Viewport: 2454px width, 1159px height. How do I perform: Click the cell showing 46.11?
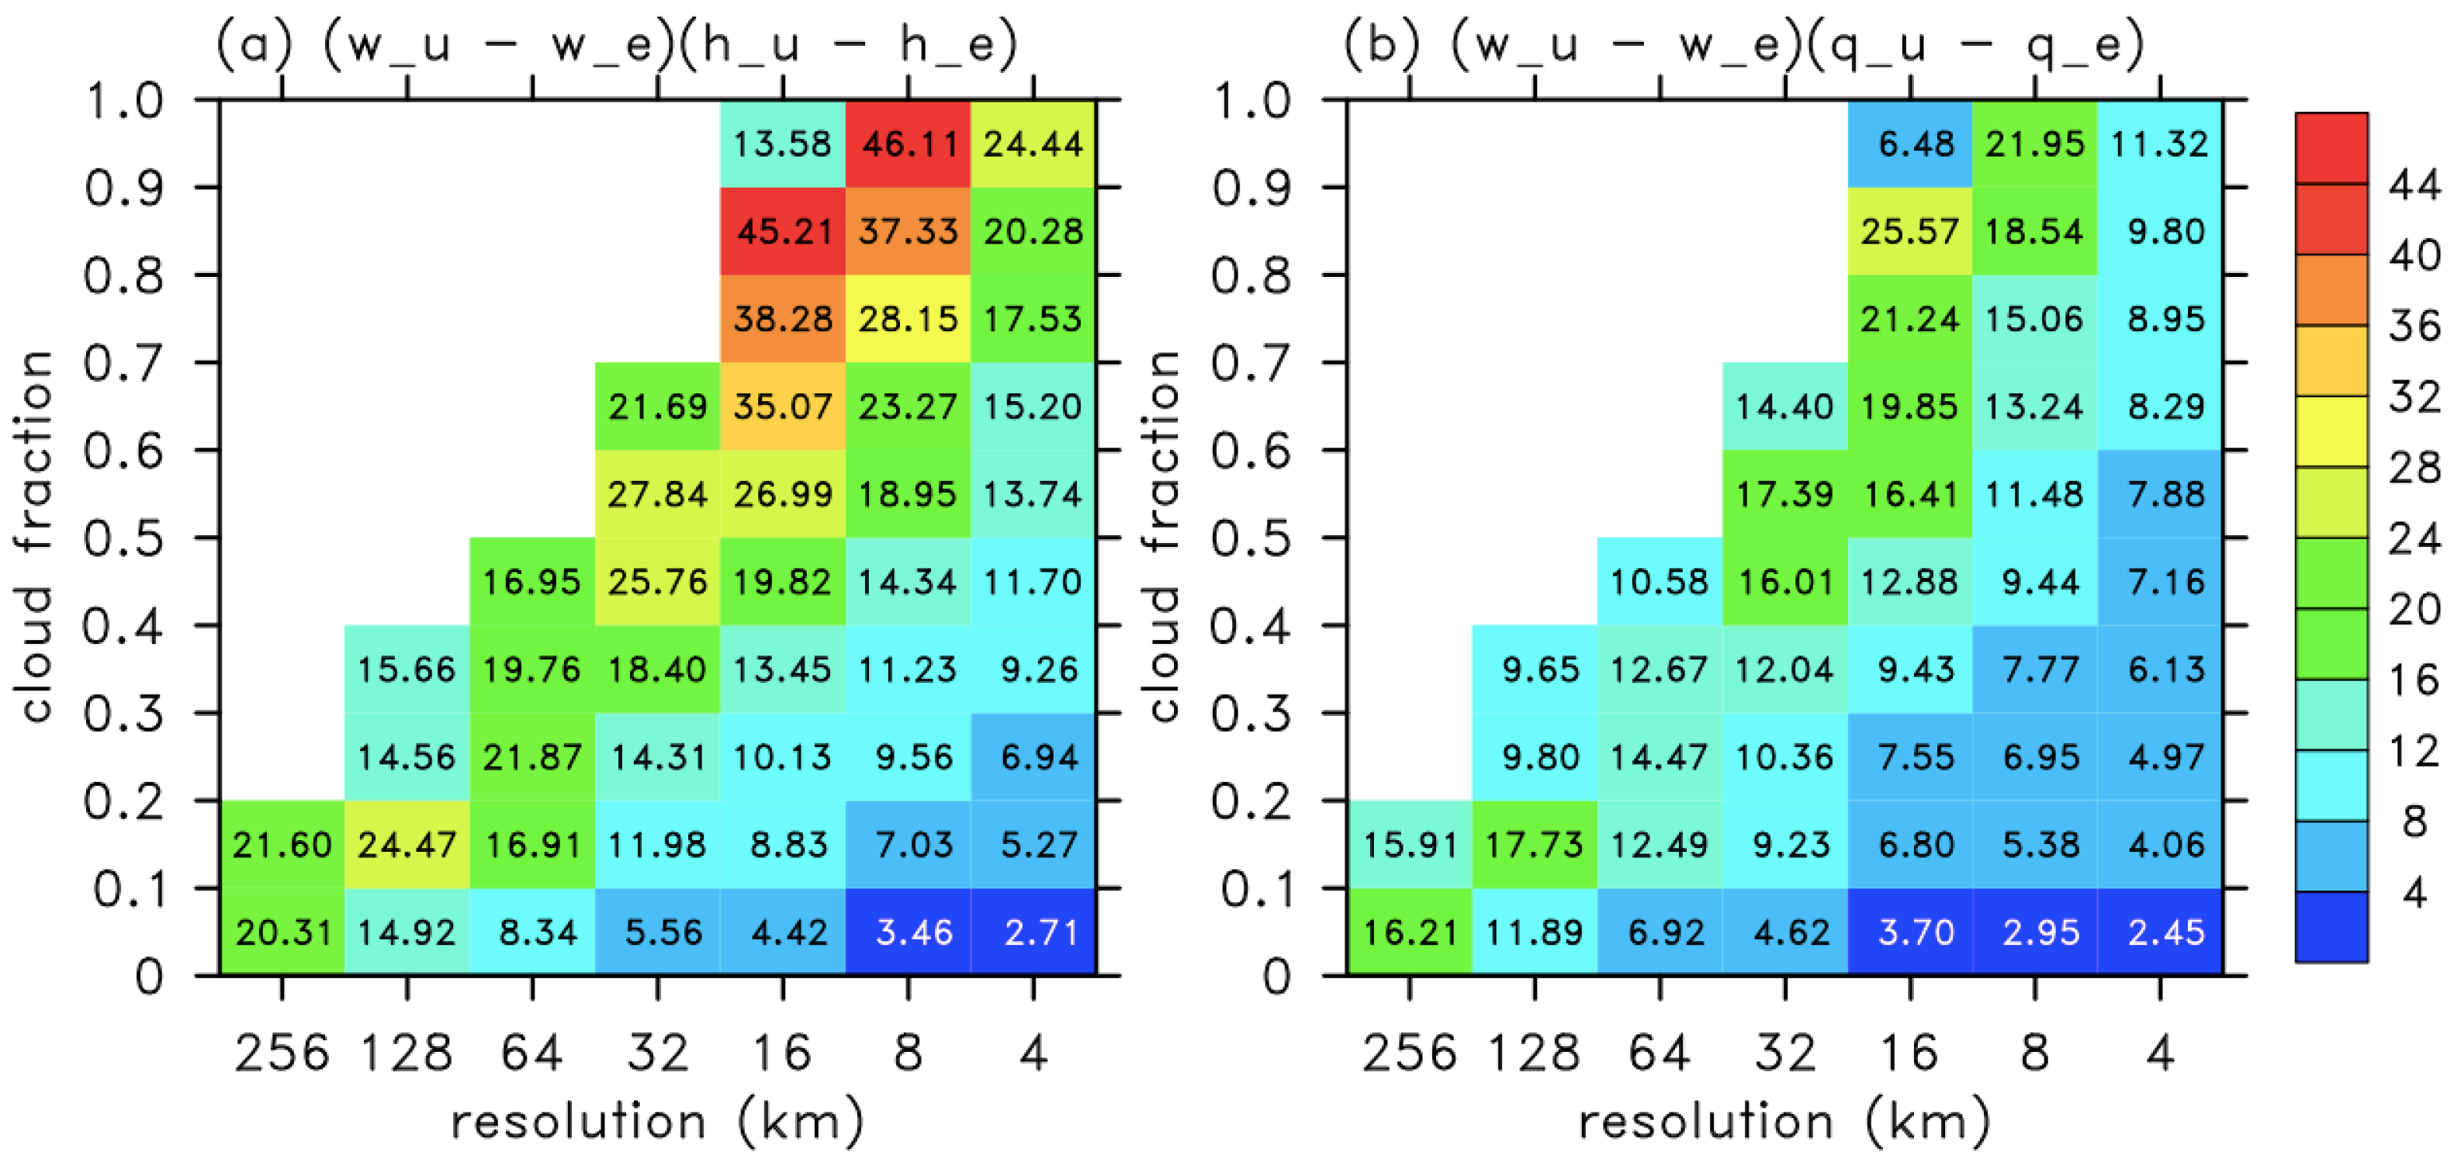[908, 144]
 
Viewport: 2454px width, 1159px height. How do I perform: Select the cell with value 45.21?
[783, 231]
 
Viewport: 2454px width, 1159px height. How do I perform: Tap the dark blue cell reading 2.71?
[1033, 932]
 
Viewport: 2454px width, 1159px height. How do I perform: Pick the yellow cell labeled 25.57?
[1910, 231]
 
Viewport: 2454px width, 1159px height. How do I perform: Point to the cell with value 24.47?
[407, 844]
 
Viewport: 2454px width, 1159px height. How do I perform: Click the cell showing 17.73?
[1534, 844]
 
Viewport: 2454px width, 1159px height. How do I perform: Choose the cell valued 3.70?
[1910, 932]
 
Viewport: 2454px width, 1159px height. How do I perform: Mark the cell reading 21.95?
[2035, 144]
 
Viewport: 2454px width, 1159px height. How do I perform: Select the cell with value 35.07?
[783, 407]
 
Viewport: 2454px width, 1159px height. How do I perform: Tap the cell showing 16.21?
[1409, 932]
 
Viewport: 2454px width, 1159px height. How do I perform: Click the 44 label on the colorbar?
[2413, 185]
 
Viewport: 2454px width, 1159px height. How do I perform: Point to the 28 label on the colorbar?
[2413, 468]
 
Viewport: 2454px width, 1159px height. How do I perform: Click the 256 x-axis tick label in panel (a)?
[282, 1053]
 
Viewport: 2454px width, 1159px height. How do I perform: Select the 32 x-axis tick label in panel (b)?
[1785, 1053]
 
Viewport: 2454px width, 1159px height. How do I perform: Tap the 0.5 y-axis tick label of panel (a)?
[124, 539]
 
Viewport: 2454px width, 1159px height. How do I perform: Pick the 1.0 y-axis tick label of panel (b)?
[1251, 101]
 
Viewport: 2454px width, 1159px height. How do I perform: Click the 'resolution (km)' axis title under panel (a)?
[657, 1121]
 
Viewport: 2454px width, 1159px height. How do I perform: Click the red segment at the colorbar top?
[2331, 147]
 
